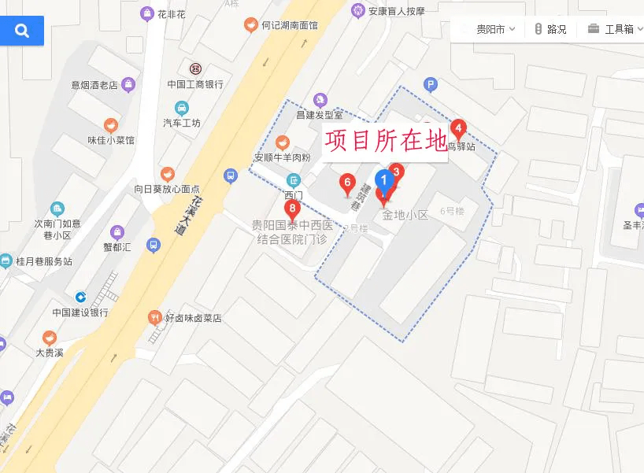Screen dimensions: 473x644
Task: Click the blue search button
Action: pos(22,31)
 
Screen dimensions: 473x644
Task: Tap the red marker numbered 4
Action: pos(458,128)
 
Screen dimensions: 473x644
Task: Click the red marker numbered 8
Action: pos(292,210)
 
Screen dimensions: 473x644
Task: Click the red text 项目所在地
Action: pos(384,142)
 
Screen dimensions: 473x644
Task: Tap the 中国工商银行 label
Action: pos(195,84)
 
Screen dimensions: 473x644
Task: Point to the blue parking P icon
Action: pos(430,84)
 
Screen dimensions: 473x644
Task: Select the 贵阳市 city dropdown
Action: pos(495,29)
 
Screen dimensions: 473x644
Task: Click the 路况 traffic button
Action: pos(550,29)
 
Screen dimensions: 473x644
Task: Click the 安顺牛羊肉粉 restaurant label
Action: pos(282,157)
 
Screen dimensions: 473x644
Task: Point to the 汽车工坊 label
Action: pos(182,123)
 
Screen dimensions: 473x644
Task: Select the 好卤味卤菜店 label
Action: pos(193,319)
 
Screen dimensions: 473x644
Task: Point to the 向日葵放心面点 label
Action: pos(167,189)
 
